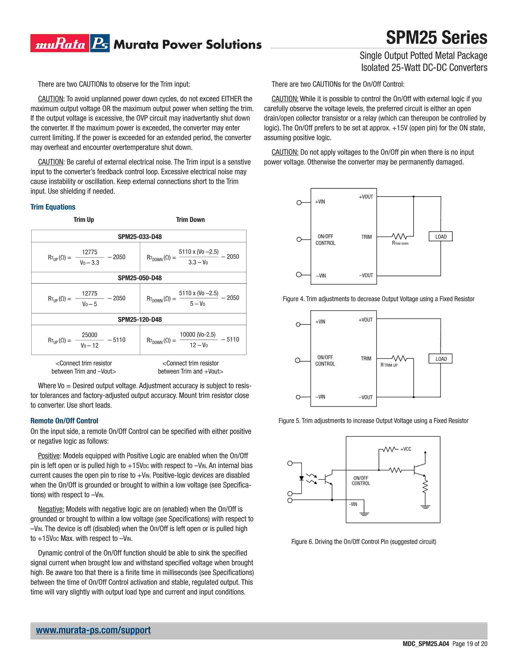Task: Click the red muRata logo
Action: (x=60, y=43)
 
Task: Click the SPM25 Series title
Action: (x=436, y=38)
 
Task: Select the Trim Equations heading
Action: (x=53, y=207)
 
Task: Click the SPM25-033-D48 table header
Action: (x=140, y=237)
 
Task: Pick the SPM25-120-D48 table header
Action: (x=140, y=319)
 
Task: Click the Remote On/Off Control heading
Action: (x=64, y=421)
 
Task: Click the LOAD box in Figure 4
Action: (x=441, y=237)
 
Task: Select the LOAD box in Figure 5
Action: (x=441, y=359)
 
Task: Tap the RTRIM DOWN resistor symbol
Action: (x=399, y=237)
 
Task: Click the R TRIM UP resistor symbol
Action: (x=399, y=358)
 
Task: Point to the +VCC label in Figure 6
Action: (x=405, y=449)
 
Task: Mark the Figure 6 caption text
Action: (x=364, y=542)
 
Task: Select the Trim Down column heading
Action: (x=190, y=220)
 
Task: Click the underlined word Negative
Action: (x=51, y=509)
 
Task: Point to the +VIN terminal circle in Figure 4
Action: (x=299, y=202)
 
